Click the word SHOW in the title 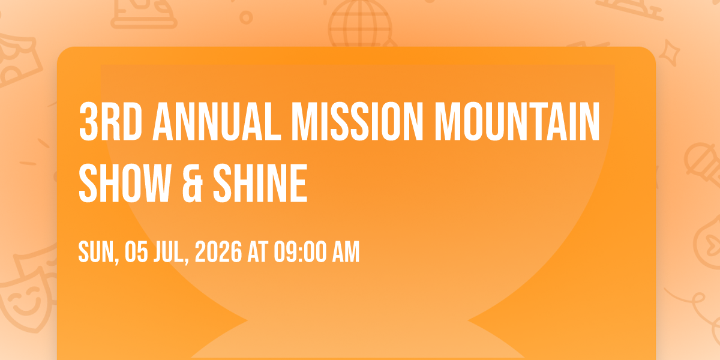pos(125,183)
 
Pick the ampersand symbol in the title pos(193,183)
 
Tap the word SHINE pos(260,183)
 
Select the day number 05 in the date pos(136,252)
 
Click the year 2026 pos(218,252)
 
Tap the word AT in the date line pos(257,252)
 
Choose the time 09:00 pos(300,252)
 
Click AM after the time pos(346,252)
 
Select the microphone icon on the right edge pos(703,164)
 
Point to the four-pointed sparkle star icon pos(670,53)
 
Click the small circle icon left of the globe pos(246,17)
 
